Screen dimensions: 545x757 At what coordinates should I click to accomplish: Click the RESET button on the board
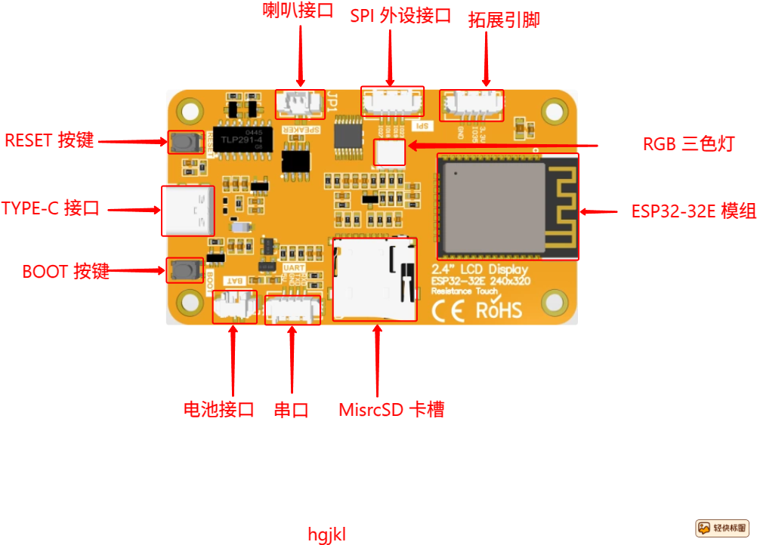click(x=181, y=142)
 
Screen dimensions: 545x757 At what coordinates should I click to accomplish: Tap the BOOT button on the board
click(x=180, y=270)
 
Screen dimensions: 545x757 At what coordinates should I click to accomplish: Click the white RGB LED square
click(x=391, y=152)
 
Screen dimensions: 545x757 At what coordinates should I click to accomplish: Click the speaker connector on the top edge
click(x=300, y=103)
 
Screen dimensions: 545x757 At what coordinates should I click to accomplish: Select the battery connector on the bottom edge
click(x=233, y=306)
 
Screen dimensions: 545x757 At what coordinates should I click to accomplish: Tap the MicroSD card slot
click(x=375, y=279)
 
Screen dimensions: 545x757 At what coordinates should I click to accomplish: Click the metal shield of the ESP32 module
click(x=493, y=206)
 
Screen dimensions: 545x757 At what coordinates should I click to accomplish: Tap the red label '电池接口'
click(x=219, y=410)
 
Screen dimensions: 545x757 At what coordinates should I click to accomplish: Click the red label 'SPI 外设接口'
click(x=400, y=16)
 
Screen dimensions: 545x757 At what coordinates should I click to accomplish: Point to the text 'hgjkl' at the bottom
click(x=326, y=534)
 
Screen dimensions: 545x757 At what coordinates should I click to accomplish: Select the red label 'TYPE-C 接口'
click(x=51, y=208)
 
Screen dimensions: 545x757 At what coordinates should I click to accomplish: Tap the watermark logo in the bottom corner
click(x=721, y=528)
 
